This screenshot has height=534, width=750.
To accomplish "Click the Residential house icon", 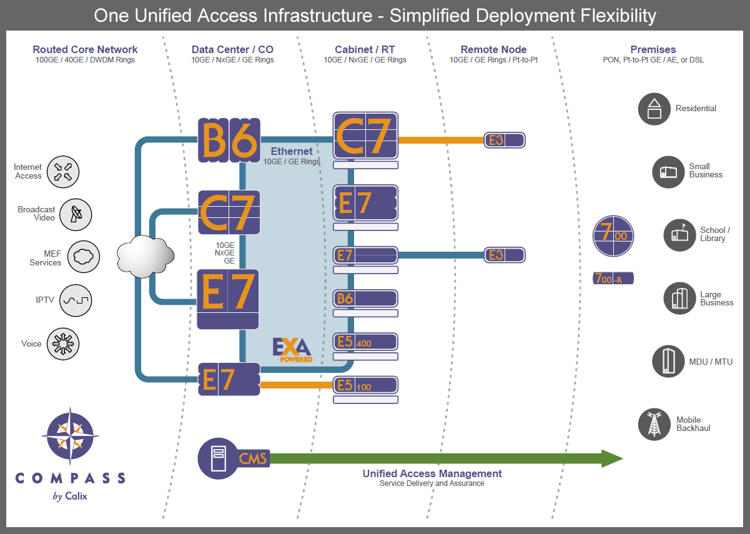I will coord(654,109).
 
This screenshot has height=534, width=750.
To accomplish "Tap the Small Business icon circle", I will coord(668,172).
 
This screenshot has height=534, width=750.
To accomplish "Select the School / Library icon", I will coord(679,235).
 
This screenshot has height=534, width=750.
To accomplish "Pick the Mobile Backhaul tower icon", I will coord(654,425).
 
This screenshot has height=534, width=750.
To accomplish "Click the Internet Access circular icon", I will coord(63,171).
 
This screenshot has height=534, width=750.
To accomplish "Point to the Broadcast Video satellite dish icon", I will coord(76,214).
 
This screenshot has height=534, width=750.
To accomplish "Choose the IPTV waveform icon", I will coord(76,300).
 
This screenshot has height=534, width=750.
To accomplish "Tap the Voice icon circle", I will coord(63,344).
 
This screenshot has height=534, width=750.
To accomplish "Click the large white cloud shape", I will coord(146,255).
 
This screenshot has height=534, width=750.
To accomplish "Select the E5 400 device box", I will coord(366,342).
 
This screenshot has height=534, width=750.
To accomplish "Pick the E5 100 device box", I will coord(366,385).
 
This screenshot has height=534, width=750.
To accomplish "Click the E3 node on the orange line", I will coord(505,140).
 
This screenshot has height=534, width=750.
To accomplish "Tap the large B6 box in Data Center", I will coord(228,141).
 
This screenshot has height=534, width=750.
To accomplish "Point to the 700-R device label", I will coord(613,279).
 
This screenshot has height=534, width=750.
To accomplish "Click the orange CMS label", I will coord(253,459).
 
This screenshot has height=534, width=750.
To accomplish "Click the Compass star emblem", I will coord(70,437).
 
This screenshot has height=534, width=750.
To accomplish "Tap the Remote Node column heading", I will coord(493,49).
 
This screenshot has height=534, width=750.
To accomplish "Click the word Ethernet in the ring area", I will coord(292,151).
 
